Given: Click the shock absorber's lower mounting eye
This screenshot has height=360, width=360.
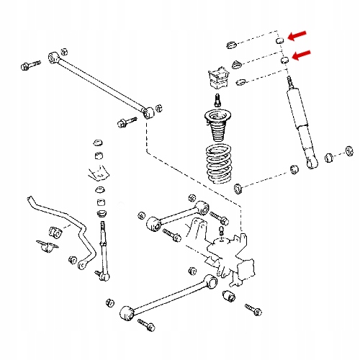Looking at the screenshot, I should pyautogui.click(x=313, y=163).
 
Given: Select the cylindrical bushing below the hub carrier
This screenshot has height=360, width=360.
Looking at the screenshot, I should pyautogui.click(x=230, y=296).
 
